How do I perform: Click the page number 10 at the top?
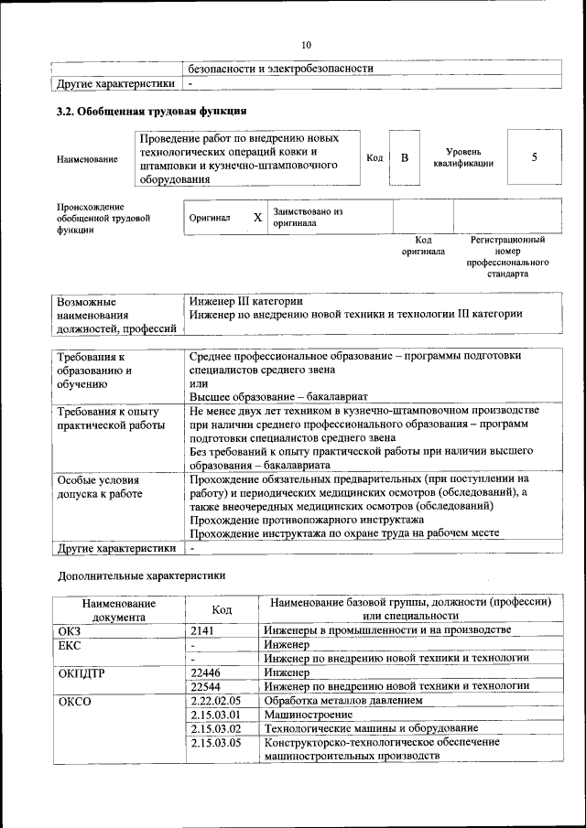coord(306,45)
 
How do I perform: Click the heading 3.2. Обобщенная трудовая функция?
coord(151,113)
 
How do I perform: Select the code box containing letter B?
coord(404,157)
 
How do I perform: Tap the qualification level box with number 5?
coord(534,157)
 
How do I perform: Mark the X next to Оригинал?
coord(257,218)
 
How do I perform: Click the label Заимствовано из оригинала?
coord(306,217)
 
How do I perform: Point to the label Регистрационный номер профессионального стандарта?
coord(507,256)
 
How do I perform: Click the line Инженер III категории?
coord(246,300)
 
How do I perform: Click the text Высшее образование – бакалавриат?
coord(278,396)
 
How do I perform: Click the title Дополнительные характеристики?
coord(141,575)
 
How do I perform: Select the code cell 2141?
coord(207,630)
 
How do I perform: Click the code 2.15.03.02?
coord(215,728)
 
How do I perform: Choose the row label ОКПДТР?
coord(81,672)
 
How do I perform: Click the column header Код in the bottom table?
coord(221,609)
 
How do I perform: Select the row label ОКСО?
coord(75,700)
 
